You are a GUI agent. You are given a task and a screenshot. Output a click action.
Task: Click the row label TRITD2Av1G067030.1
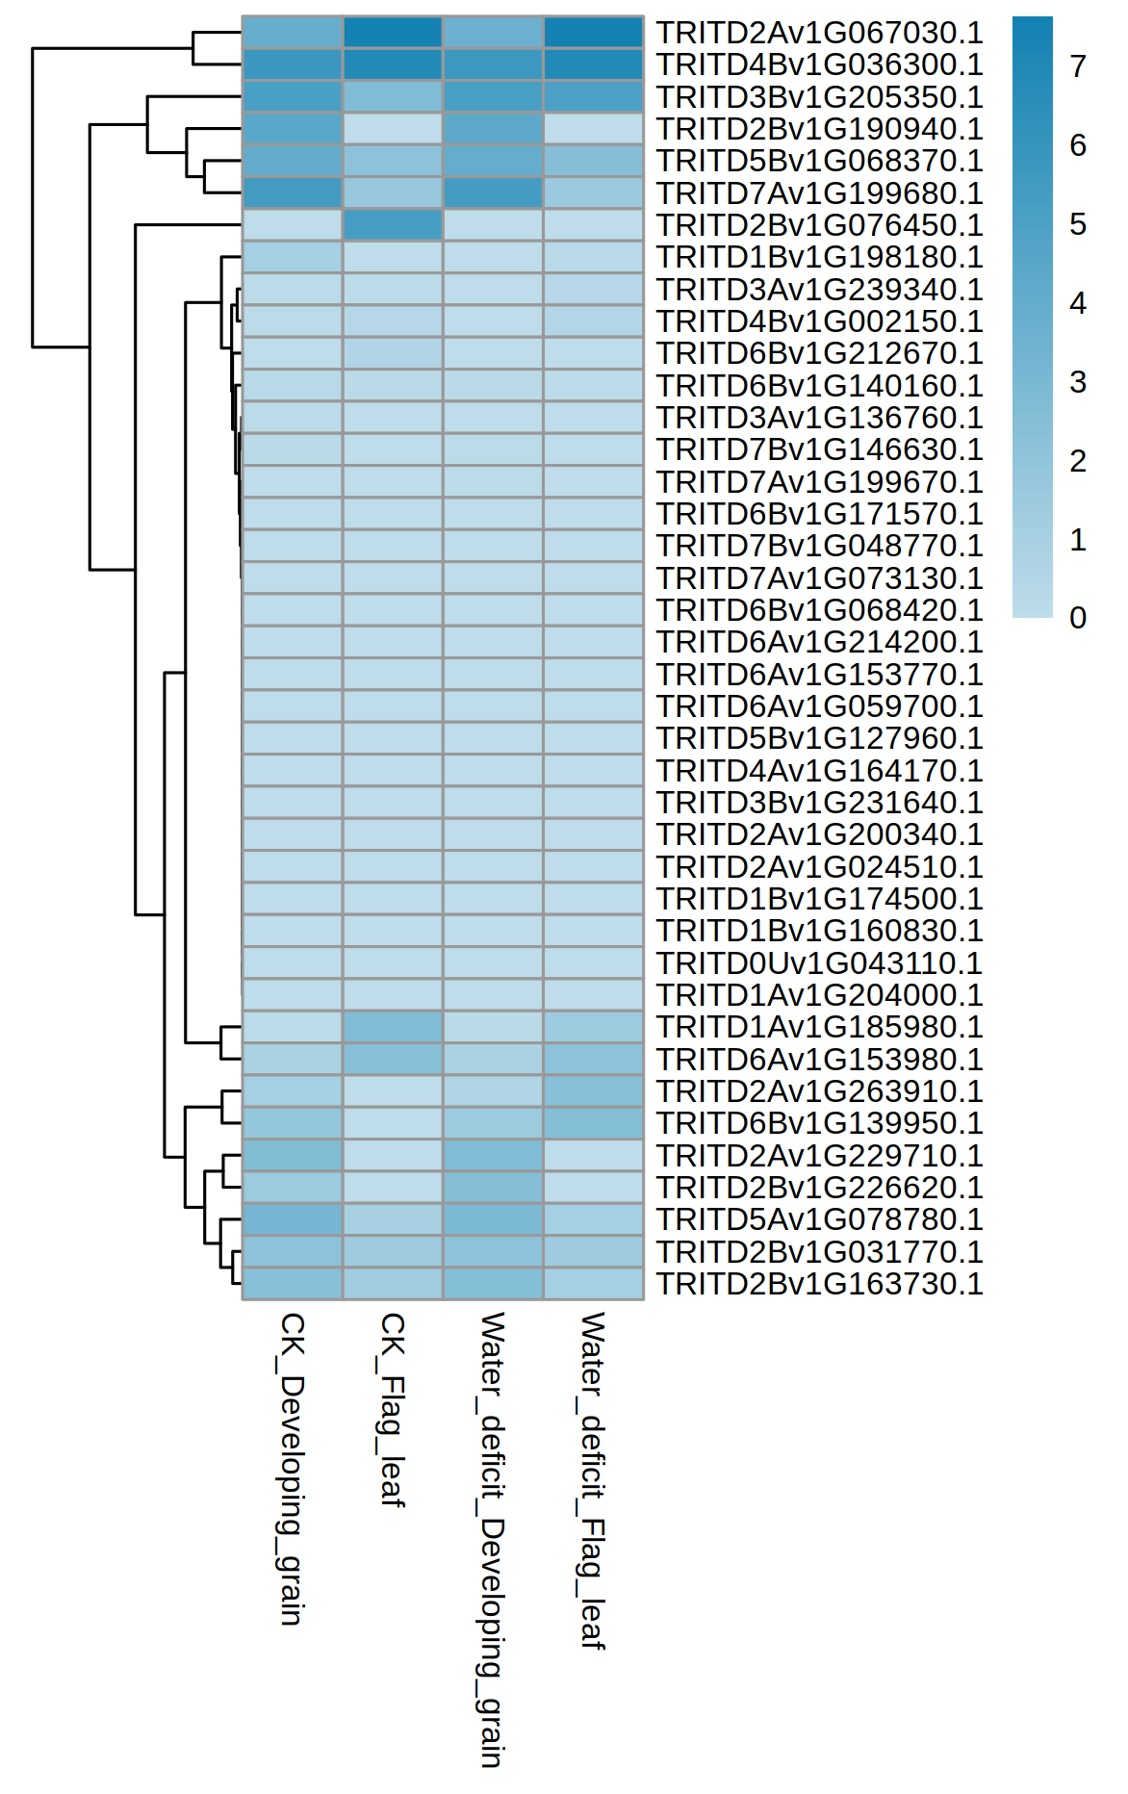(819, 33)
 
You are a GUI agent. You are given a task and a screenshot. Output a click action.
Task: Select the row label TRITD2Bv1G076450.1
(819, 225)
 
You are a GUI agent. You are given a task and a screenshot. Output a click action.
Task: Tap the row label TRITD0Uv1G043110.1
(819, 963)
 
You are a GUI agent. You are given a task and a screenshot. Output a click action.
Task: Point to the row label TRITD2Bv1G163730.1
(819, 1284)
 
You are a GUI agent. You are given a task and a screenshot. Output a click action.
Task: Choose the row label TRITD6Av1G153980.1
(819, 1060)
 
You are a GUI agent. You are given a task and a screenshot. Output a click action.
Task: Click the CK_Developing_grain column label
(292, 1468)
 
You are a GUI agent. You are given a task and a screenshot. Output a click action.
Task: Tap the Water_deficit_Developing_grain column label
(492, 1539)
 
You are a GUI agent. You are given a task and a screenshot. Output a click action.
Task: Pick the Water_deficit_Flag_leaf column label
(592, 1479)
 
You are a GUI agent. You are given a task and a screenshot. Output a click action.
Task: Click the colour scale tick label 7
(1078, 66)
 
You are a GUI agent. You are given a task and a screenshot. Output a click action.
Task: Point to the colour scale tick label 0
(1078, 618)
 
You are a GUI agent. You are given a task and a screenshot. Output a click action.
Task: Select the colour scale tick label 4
(1078, 303)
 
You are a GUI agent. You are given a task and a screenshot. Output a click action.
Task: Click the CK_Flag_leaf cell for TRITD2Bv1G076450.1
(393, 225)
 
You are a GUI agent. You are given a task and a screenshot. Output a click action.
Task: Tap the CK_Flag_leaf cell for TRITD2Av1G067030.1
(393, 33)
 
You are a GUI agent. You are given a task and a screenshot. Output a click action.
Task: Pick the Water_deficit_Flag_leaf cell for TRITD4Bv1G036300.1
(593, 64)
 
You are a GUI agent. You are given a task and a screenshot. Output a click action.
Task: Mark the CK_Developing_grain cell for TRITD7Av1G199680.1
(293, 193)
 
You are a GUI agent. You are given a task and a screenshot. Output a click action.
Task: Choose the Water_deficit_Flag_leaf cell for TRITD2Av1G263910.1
(593, 1091)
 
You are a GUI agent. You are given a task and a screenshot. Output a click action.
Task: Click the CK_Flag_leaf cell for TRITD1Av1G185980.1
(393, 1027)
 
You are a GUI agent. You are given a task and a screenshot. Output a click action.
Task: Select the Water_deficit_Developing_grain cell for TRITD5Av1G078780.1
(493, 1219)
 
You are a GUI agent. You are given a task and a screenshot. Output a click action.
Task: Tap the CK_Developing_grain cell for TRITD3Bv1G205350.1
(293, 97)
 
